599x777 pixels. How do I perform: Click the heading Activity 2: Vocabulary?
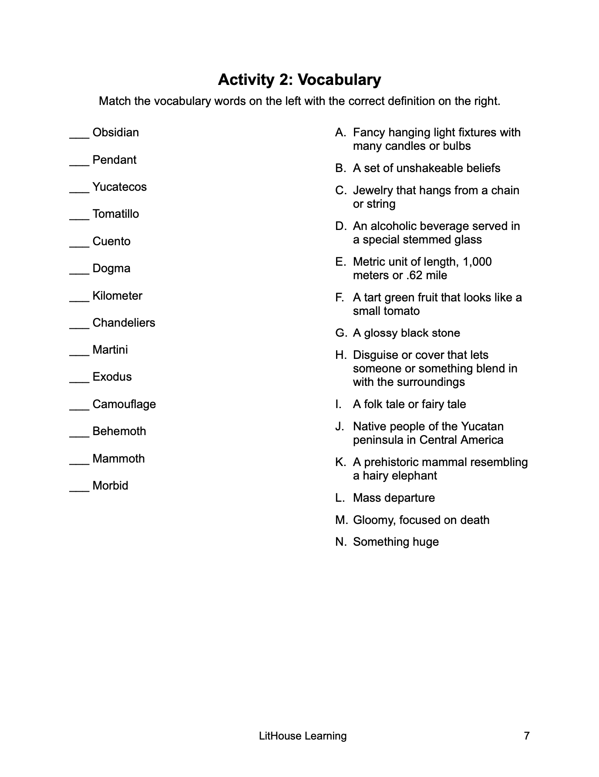299,80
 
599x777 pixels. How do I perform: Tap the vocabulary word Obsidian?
115,132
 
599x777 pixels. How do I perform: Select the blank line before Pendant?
79,163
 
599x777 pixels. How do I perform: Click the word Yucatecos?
119,187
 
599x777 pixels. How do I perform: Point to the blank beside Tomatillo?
79,217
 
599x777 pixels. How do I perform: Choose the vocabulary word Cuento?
111,241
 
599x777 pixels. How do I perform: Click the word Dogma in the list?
111,268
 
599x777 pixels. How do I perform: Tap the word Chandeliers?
124,323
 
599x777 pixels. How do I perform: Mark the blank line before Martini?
79,353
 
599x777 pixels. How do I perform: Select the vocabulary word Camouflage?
124,404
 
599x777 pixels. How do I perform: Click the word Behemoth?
119,431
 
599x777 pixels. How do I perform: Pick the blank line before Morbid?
79,489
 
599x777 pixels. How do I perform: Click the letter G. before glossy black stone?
341,333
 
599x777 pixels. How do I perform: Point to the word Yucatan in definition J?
483,426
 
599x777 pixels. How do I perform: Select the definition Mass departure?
394,498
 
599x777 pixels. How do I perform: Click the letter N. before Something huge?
341,542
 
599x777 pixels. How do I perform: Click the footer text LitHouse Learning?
303,736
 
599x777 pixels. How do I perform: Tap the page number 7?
527,736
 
